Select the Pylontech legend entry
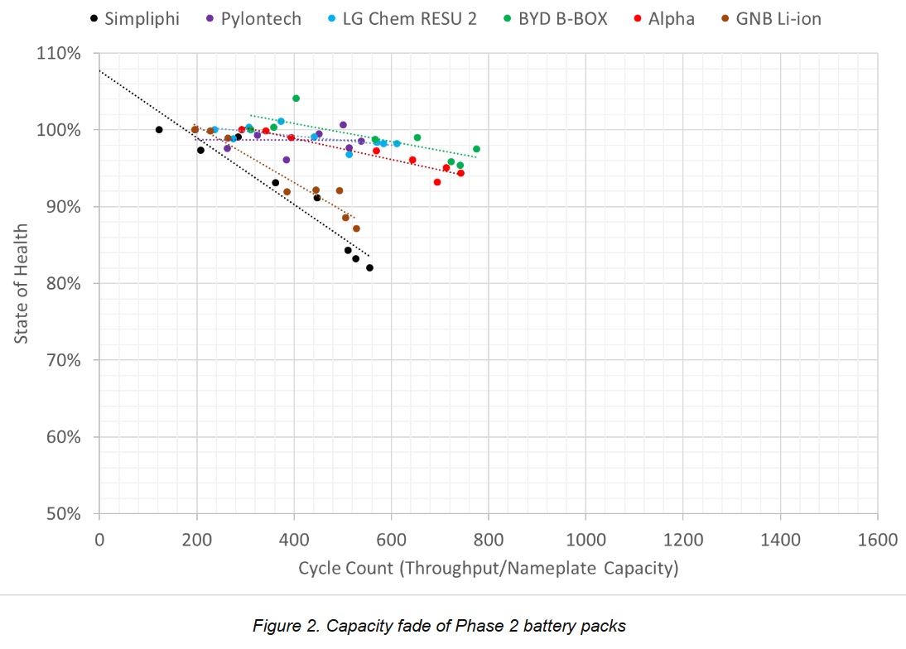pyautogui.click(x=253, y=18)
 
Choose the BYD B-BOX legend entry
pyautogui.click(x=562, y=18)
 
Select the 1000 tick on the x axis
pyautogui.click(x=586, y=541)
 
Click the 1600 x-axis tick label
pyautogui.click(x=877, y=541)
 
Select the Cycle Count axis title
pyautogui.click(x=488, y=569)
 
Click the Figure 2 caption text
pyautogui.click(x=439, y=626)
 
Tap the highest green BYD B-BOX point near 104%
pyautogui.click(x=296, y=99)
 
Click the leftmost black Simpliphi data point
pyautogui.click(x=159, y=130)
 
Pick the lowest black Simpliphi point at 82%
pyautogui.click(x=369, y=268)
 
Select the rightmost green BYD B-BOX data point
pyautogui.click(x=476, y=149)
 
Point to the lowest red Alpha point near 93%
pyautogui.click(x=437, y=182)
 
